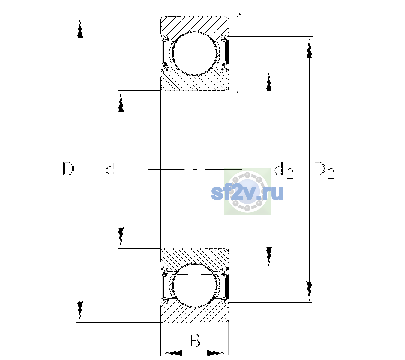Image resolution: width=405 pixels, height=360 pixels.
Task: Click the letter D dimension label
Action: coord(69,169)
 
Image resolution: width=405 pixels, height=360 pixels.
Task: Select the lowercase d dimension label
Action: coord(110,168)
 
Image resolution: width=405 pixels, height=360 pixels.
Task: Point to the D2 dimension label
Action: coord(324,170)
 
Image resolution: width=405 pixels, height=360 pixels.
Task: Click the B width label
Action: coord(195,340)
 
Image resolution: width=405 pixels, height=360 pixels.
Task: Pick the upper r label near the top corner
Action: coord(238,18)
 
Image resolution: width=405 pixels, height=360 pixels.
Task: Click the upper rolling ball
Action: coord(195,53)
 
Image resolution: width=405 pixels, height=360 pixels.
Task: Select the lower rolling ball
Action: coord(195,285)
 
